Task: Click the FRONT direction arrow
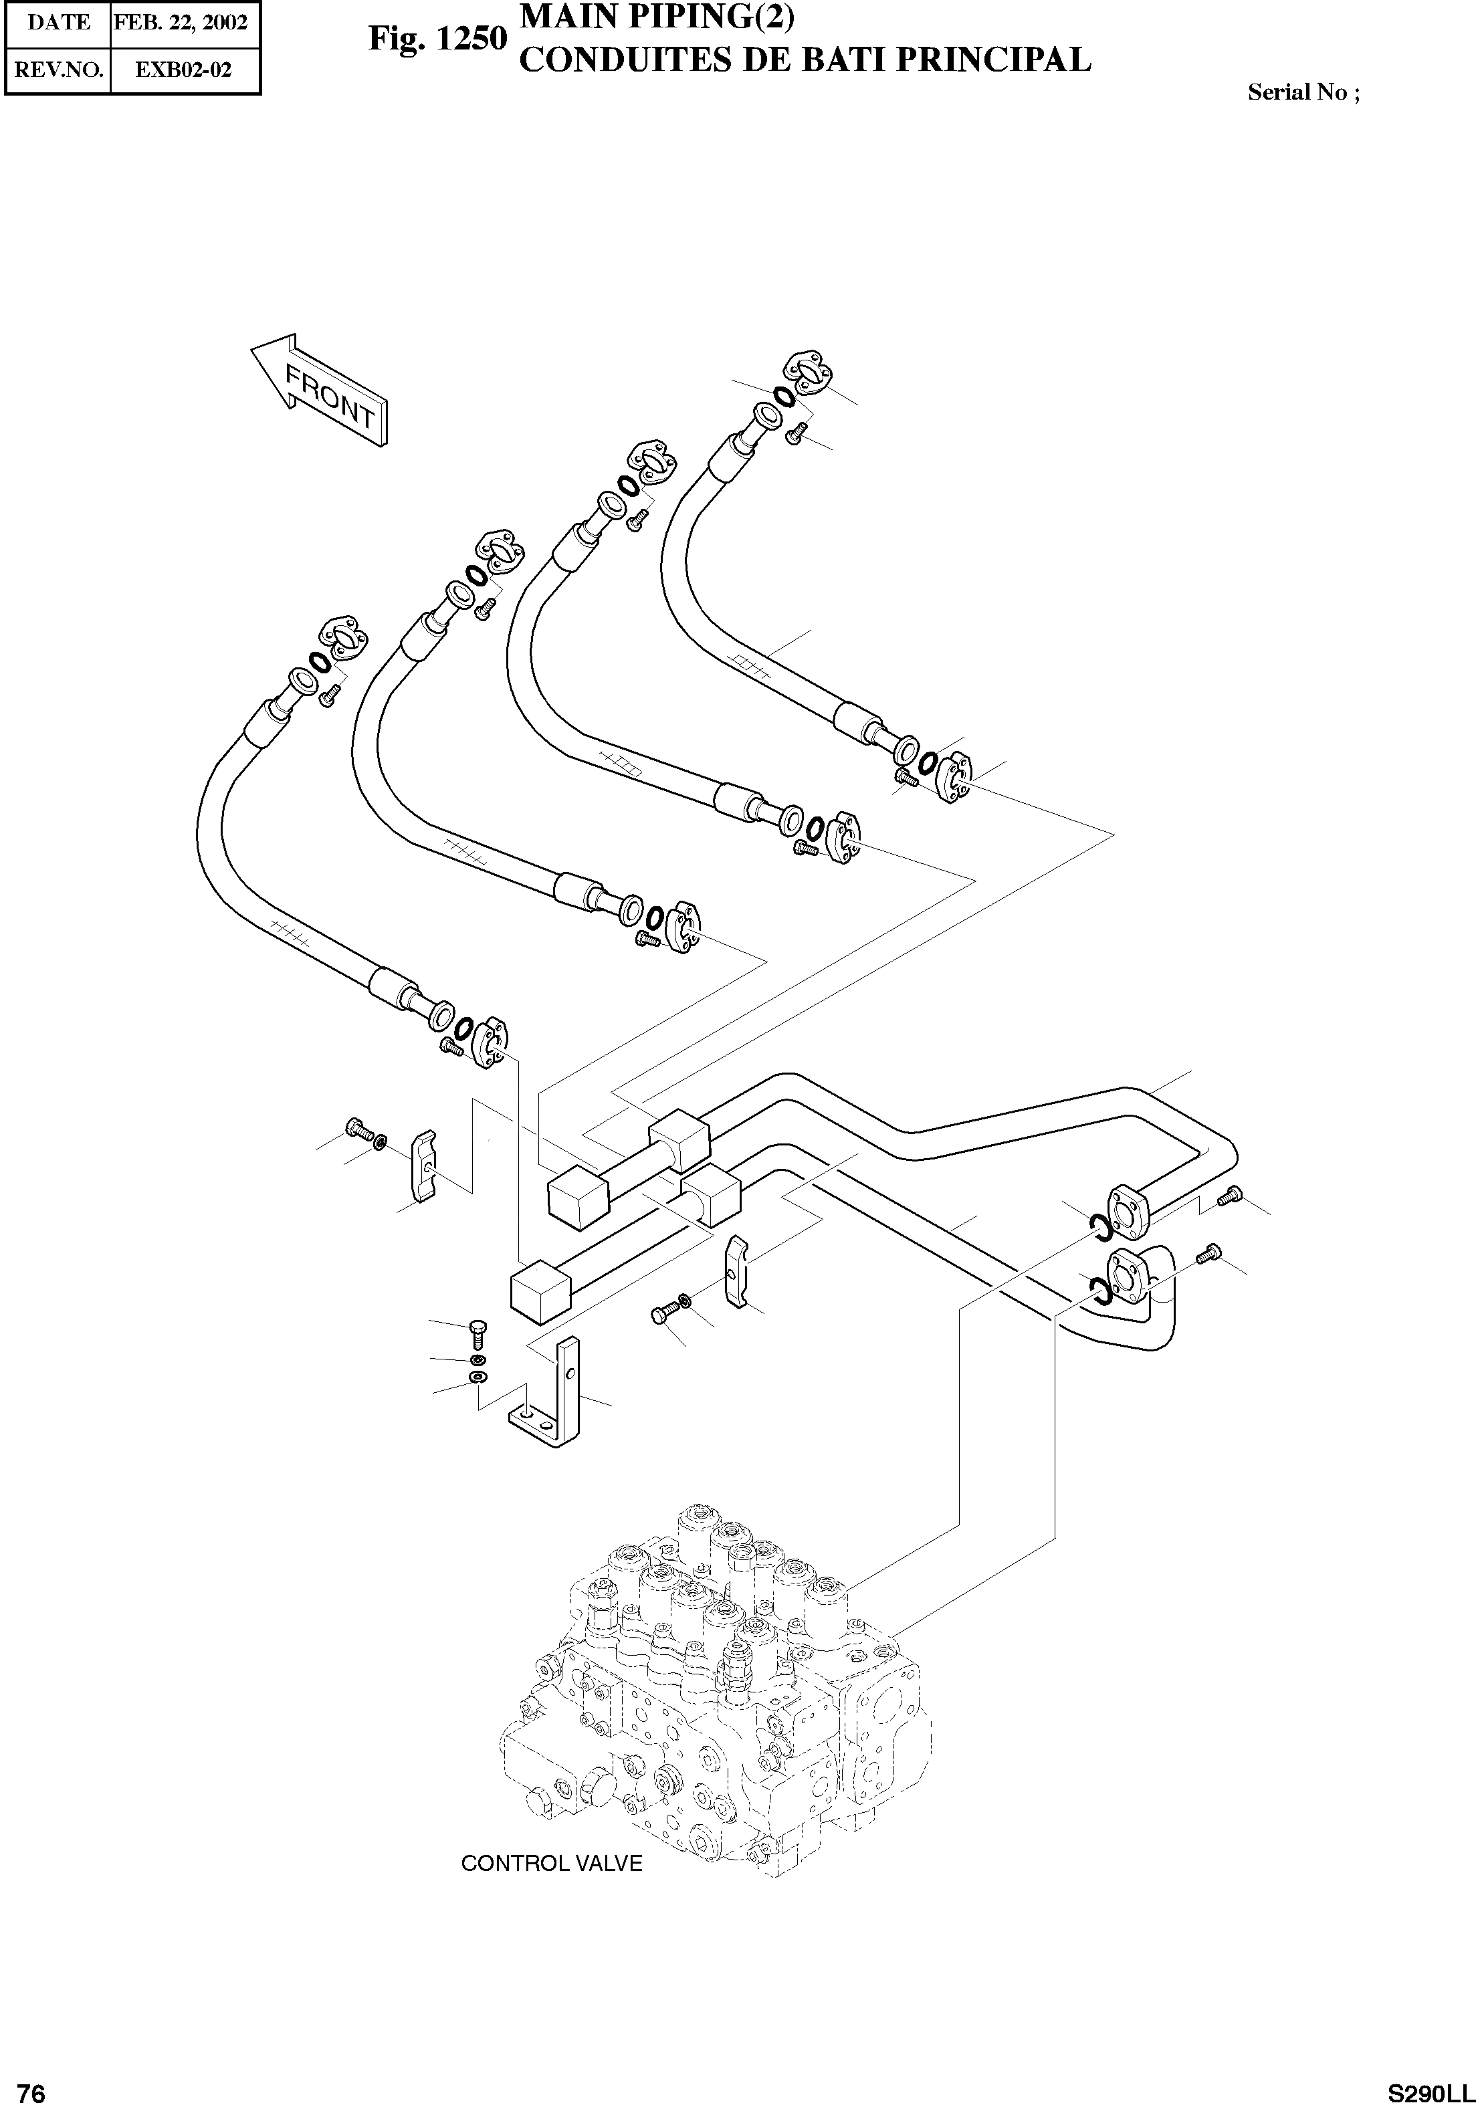[x=320, y=391]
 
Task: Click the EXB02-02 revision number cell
[x=183, y=70]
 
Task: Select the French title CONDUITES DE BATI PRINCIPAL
[x=805, y=60]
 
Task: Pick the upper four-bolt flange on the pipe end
[x=1126, y=1209]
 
